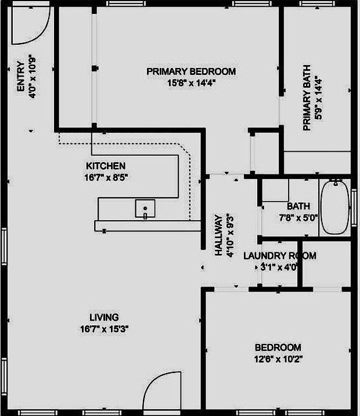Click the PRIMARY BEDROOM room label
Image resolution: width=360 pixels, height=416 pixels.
coord(191,71)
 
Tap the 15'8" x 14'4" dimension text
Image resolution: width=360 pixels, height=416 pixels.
coord(191,83)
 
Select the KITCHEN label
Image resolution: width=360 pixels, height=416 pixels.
coord(106,166)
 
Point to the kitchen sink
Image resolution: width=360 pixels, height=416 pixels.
coord(145,207)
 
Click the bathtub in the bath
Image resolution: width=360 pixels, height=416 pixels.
coord(335,207)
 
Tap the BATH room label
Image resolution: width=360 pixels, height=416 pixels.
coord(298,206)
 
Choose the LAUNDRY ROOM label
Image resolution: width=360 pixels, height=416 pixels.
coord(279,256)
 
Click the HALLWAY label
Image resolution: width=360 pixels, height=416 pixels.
coord(219,235)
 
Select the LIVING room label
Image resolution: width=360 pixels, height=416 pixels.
coord(104,317)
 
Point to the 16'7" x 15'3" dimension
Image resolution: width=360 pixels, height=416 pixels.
coord(104,328)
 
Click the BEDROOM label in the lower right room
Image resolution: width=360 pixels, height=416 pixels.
coord(278,347)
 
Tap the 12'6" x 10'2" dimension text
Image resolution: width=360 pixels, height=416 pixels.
coord(278,358)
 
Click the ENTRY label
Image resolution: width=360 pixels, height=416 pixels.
coord(21,77)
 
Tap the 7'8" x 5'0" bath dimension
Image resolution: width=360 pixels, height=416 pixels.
coord(298,217)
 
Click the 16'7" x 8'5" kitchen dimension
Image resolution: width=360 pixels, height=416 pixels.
coord(106,177)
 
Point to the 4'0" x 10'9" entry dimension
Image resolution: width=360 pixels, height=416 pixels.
coord(33,77)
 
